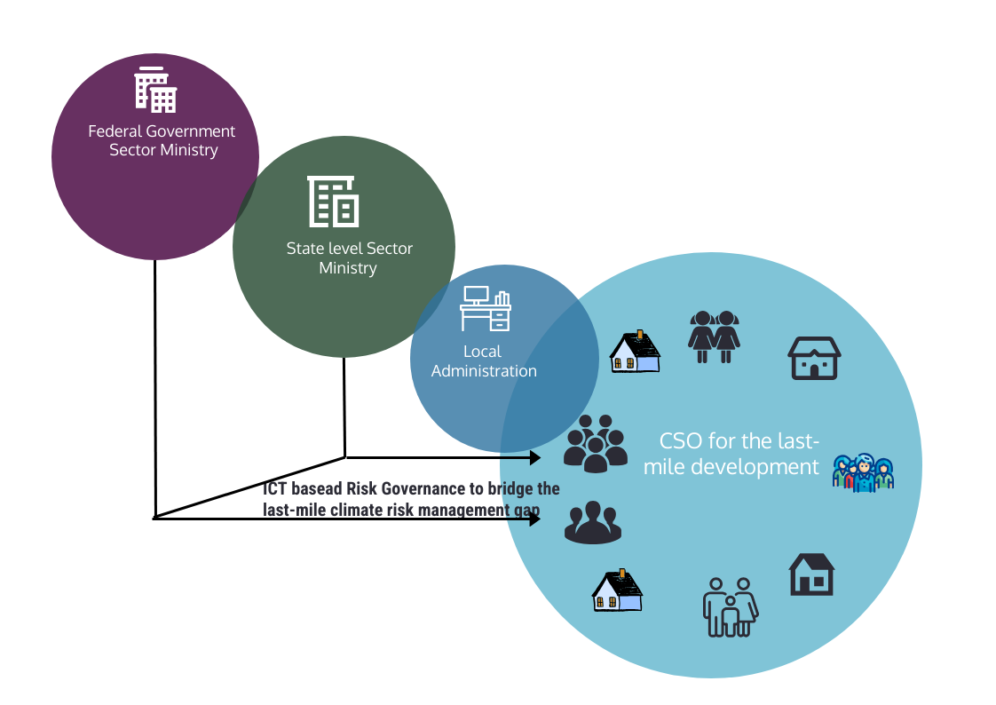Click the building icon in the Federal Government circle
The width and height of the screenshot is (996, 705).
[x=155, y=90]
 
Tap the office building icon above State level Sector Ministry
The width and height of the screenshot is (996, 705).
[x=334, y=202]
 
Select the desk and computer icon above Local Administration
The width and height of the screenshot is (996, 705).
[x=486, y=308]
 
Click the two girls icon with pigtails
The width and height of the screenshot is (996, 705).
[x=714, y=337]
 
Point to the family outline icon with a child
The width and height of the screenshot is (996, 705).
[x=731, y=607]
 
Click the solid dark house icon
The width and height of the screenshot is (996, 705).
[x=811, y=574]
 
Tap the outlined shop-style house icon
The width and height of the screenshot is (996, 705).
[x=814, y=358]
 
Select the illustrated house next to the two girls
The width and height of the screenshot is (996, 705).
[x=636, y=352]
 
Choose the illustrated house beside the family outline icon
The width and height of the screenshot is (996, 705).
[x=618, y=590]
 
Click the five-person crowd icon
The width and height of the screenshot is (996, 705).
[x=596, y=443]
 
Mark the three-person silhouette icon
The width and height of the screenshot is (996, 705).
[x=593, y=522]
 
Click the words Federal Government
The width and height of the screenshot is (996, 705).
[x=162, y=131]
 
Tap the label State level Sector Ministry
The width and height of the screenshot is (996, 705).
[x=350, y=257]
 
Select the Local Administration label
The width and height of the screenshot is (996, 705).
[x=484, y=360]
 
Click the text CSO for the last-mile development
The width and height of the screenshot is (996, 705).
[x=731, y=454]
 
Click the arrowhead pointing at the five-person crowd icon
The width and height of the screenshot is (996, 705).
[x=535, y=457]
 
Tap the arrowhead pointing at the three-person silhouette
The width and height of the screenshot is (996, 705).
[x=535, y=519]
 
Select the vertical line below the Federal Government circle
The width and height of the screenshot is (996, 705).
[x=155, y=389]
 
